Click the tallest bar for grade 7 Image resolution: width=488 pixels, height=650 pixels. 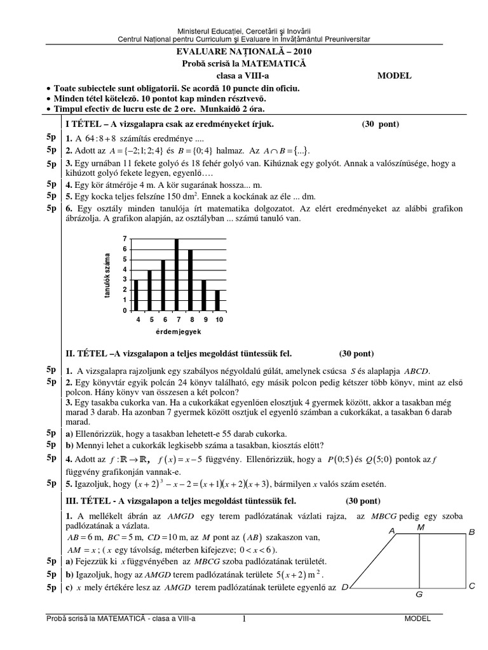tap(177, 275)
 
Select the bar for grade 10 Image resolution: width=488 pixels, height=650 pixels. tap(218, 300)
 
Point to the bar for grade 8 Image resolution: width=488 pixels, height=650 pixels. tap(190, 280)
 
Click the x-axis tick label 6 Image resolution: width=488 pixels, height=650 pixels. tap(164, 319)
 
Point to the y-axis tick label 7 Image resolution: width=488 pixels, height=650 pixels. tap(126, 238)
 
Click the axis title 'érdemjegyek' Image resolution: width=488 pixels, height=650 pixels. tap(178, 331)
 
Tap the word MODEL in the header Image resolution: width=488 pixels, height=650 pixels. tap(394, 74)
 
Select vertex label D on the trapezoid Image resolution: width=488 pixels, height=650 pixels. tap(344, 588)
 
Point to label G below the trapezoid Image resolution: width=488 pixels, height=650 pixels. tap(419, 595)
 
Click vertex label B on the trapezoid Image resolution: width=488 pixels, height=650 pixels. tap(471, 533)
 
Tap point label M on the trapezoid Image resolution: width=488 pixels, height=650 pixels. tap(420, 527)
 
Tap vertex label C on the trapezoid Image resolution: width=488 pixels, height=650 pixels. tap(472, 587)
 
